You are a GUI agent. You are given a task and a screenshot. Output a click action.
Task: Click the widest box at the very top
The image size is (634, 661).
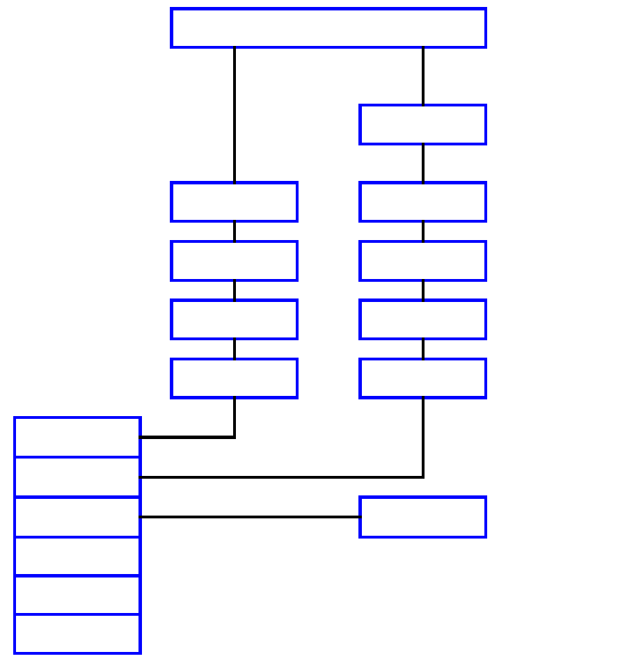328,28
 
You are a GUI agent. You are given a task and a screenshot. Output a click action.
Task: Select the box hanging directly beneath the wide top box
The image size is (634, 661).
422,125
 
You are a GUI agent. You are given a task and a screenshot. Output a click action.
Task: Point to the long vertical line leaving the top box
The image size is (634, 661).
235,115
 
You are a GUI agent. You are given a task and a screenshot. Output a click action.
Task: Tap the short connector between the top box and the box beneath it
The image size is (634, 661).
422,76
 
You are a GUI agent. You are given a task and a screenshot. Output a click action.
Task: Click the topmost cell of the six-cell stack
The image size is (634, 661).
77,437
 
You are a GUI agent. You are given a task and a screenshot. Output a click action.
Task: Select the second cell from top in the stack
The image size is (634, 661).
77,477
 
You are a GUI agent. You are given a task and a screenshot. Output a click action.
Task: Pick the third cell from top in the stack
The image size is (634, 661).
77,517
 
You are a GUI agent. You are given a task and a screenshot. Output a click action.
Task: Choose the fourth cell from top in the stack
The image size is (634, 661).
77,556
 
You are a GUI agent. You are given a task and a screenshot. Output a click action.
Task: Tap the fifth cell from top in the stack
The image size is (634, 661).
77,595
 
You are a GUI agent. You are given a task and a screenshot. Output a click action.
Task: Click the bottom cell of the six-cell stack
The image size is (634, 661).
77,634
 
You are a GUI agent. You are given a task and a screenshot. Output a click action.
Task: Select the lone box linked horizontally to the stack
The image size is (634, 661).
422,517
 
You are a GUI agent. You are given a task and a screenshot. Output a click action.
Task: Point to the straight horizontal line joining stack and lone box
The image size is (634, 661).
251,517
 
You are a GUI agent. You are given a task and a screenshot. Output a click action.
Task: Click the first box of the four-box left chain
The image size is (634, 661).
235,202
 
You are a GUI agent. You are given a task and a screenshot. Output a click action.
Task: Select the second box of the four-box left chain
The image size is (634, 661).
235,261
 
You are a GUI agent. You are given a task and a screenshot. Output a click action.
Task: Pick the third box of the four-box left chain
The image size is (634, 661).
235,319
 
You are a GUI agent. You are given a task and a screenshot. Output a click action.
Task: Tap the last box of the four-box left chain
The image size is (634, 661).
235,379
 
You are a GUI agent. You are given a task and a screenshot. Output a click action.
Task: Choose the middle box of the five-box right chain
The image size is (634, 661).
422,261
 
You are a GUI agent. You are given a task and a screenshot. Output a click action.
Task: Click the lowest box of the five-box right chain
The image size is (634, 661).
422,379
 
